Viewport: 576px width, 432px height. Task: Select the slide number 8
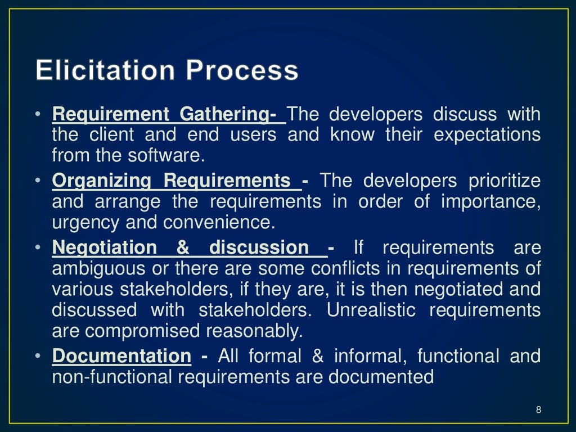click(x=538, y=409)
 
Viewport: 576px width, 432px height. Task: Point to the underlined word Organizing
click(x=102, y=181)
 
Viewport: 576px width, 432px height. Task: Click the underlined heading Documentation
click(x=121, y=356)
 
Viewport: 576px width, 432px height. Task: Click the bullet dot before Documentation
click(x=37, y=356)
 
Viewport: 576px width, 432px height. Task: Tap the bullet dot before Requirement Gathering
click(x=37, y=115)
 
